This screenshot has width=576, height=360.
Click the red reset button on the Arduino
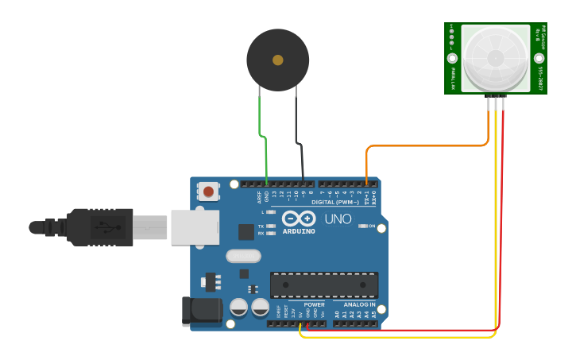coord(208,191)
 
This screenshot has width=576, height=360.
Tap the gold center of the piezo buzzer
coord(277,60)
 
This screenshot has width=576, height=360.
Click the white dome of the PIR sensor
coord(495,58)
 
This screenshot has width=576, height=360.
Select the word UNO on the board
coord(338,219)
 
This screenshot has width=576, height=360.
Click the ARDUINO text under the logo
coord(299,231)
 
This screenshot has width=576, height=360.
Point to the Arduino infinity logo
coord(298,218)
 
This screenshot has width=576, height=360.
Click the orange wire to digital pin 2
coord(421,145)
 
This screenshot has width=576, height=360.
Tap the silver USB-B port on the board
coord(195,226)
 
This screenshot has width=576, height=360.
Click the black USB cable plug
coord(99,227)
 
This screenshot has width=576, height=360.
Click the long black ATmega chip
coord(324,285)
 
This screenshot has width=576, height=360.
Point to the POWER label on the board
coord(314,304)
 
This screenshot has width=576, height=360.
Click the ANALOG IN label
coord(359,304)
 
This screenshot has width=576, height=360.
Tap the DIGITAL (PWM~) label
coord(335,202)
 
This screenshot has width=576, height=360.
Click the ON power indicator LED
coord(362,226)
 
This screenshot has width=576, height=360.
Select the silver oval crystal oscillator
coord(243,256)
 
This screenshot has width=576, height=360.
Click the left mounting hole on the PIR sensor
coord(452,58)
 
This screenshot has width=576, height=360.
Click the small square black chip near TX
coord(246,231)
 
